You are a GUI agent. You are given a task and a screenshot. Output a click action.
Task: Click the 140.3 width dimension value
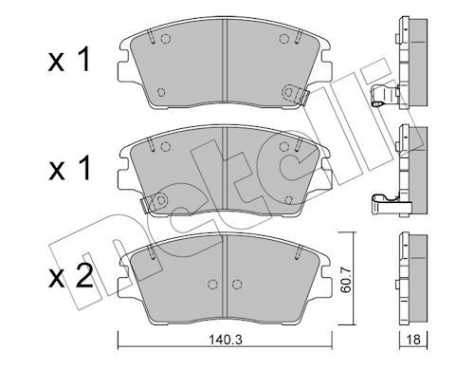[226, 340]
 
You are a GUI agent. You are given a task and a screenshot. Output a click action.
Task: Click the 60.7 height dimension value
[347, 279]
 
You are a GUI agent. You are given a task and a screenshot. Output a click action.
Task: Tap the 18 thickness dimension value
[413, 340]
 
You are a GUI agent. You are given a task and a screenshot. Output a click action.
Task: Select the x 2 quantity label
[70, 276]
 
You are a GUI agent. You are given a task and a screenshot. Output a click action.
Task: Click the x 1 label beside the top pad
[69, 59]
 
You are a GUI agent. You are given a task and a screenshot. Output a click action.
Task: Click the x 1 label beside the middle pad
[69, 168]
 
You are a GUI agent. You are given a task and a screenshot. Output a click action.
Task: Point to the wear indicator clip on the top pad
[296, 94]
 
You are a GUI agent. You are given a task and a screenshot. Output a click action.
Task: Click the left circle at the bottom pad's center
[213, 285]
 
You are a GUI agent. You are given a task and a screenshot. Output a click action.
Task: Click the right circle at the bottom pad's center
[237, 285]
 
